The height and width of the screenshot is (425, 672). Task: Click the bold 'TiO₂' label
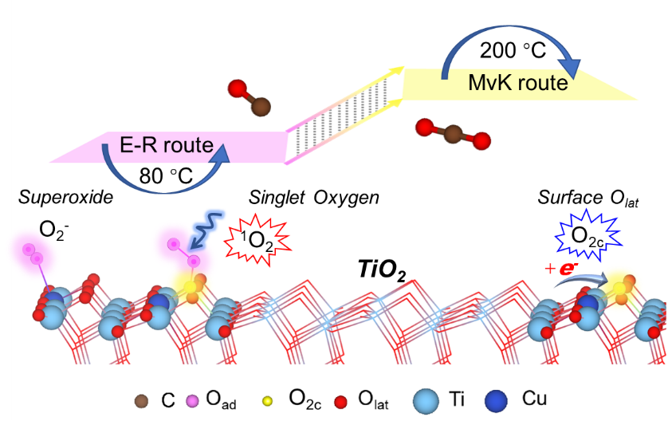pyautogui.click(x=380, y=273)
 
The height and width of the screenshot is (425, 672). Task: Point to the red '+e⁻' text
pyautogui.click(x=563, y=269)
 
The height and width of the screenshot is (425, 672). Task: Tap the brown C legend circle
pyautogui.click(x=141, y=399)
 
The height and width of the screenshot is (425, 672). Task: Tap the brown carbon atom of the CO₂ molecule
pyautogui.click(x=451, y=134)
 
